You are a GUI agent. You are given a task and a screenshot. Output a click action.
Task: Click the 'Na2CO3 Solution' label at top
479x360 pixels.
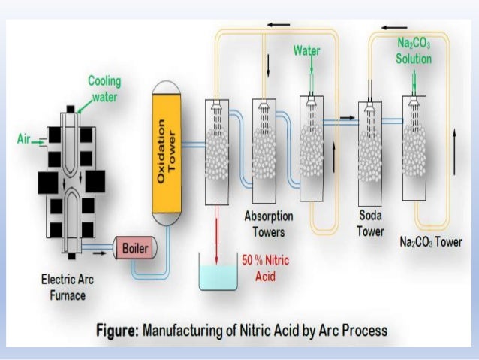(x=414, y=52)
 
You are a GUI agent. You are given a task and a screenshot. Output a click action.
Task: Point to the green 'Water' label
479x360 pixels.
(x=306, y=51)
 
